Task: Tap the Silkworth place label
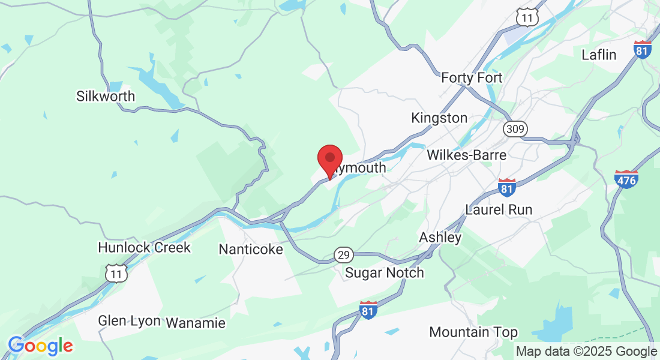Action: coord(106,96)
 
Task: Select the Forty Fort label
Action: coord(472,78)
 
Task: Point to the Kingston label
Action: coord(439,118)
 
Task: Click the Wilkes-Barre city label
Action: coord(467,155)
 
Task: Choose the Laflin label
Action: coord(599,55)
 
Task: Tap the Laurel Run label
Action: coord(499,210)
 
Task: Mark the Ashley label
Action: coord(440,238)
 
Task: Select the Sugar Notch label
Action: coord(385,273)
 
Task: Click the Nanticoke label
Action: coord(251,249)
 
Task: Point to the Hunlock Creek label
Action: coord(144,247)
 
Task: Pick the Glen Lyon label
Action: coord(130,321)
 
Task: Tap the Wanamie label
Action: coord(196,323)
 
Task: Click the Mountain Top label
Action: coord(473,332)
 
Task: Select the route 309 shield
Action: coord(515,128)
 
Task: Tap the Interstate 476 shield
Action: coord(626,178)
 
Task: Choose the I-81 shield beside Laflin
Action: coord(642,49)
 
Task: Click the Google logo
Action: coord(40,346)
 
